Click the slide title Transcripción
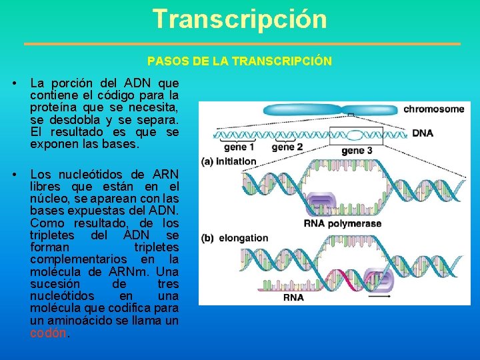(239, 19)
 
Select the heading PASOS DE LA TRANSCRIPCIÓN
(239, 61)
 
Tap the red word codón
(48, 332)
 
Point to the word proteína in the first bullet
(56, 108)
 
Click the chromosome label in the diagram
(433, 109)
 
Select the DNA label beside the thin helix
(422, 133)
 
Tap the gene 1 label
(239, 147)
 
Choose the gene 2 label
(287, 147)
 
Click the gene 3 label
(357, 151)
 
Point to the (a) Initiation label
(229, 161)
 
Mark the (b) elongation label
(235, 238)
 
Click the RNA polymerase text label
(342, 223)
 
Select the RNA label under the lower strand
(293, 297)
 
